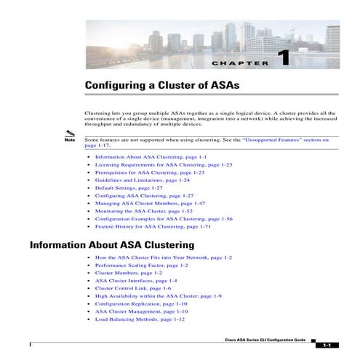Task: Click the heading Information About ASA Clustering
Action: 112,245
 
